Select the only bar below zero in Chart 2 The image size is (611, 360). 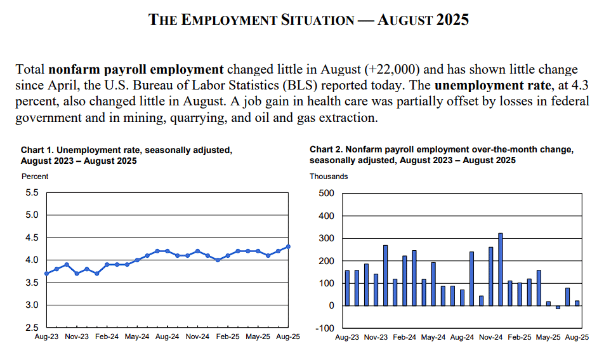coord(558,307)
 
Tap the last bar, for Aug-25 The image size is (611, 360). coord(577,303)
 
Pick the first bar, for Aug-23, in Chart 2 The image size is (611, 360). coord(347,288)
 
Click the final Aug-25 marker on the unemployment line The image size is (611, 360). coord(288,246)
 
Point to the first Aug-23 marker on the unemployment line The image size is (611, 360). coord(46,274)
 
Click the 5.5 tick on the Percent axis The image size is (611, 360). coord(31,192)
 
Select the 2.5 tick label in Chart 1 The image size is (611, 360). coord(31,328)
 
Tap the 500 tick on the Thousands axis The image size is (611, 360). coord(325,193)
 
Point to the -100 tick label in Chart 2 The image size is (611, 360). coord(324,328)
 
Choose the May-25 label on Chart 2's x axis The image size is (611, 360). coord(548,337)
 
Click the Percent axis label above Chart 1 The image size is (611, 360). coord(34,176)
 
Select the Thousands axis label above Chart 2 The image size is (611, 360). coord(328,176)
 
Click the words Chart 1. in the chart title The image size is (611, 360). coord(37,150)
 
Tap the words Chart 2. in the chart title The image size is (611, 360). coord(325,149)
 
